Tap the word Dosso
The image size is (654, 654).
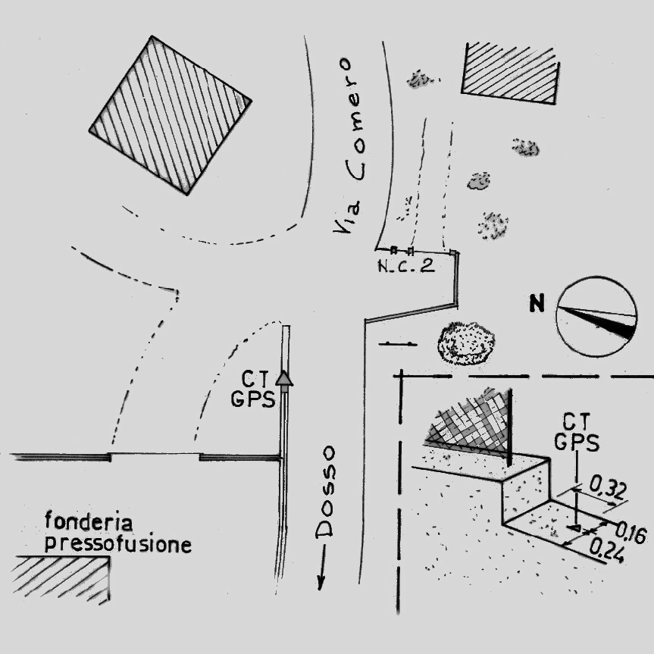pyautogui.click(x=327, y=492)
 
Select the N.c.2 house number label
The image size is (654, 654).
pyautogui.click(x=405, y=266)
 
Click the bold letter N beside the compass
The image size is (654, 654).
pyautogui.click(x=537, y=305)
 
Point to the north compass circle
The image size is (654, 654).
pyautogui.click(x=596, y=316)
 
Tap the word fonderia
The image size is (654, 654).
pyautogui.click(x=89, y=521)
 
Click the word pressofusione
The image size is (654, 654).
pyautogui.click(x=117, y=543)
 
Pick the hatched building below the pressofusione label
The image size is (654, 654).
pyautogui.click(x=61, y=577)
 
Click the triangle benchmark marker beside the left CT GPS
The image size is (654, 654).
pyautogui.click(x=283, y=378)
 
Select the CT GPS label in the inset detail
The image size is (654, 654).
pyautogui.click(x=577, y=433)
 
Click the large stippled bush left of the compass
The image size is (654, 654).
pyautogui.click(x=465, y=343)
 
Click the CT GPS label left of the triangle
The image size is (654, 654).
pyautogui.click(x=252, y=390)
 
